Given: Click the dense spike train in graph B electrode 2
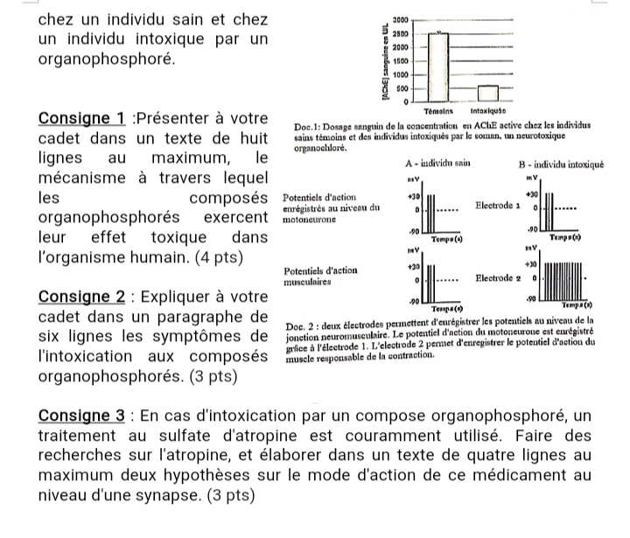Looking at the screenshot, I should [563, 282].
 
